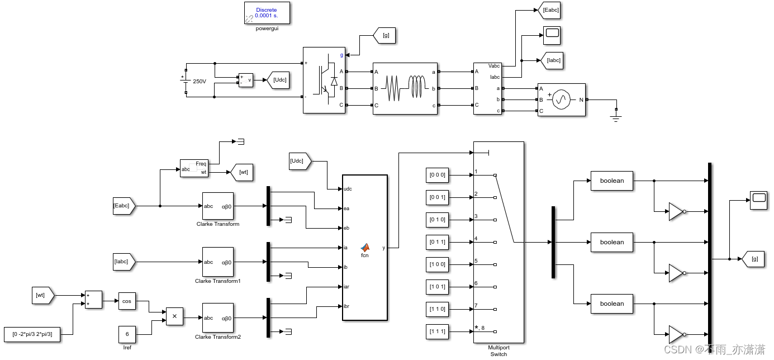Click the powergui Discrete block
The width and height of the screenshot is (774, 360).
click(x=267, y=13)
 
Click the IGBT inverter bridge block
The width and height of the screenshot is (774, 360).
click(x=324, y=80)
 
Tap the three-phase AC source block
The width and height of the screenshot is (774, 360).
click(x=561, y=100)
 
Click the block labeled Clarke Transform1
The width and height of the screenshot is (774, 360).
click(x=218, y=262)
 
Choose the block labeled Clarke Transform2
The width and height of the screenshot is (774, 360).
click(x=218, y=318)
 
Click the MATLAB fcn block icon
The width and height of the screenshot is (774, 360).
click(x=364, y=248)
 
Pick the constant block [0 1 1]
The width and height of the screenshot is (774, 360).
click(x=438, y=242)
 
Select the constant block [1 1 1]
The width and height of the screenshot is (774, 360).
click(x=438, y=331)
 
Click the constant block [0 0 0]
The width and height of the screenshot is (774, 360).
click(x=438, y=175)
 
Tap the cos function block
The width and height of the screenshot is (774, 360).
click(x=127, y=301)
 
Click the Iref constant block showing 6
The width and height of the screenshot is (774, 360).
click(x=127, y=334)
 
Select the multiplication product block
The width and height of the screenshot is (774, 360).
click(x=174, y=316)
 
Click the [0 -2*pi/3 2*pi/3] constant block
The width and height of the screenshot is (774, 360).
click(x=32, y=334)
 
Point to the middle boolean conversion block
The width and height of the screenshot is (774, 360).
click(x=612, y=242)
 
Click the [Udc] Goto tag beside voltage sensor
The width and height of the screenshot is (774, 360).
click(x=279, y=80)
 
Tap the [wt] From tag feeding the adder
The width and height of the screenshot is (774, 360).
click(x=42, y=295)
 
